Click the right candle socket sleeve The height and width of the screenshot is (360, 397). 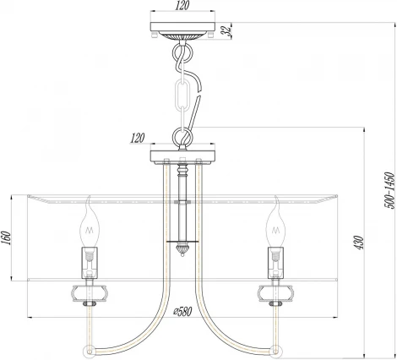click(x=275, y=261)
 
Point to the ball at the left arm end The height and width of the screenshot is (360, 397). click(x=86, y=348)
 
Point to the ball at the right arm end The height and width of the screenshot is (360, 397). click(x=275, y=348)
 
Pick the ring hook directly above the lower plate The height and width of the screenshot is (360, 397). click(x=181, y=134)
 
